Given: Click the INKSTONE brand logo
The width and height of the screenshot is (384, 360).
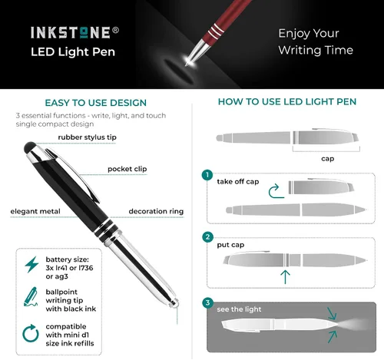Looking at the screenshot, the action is pos(71,33).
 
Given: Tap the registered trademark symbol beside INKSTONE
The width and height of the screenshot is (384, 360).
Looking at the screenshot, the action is pos(115,30).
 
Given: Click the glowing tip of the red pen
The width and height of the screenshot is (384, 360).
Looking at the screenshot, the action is pos(189,61).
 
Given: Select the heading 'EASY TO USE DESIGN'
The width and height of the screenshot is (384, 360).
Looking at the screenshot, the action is pos(96,103).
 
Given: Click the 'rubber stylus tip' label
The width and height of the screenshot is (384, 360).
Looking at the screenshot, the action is pos(87,137).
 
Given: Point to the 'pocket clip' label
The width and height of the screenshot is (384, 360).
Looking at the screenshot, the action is pos(127,169).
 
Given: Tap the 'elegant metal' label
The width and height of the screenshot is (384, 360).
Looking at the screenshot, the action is pos(35,211).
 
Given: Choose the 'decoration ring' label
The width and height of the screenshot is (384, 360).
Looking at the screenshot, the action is pos(156,211).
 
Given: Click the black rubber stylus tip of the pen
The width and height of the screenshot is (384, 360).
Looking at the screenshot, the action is pos(30,147).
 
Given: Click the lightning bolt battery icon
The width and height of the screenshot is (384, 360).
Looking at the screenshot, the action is pos(31,265).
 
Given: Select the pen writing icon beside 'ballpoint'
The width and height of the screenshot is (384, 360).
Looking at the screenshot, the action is pos(31,297).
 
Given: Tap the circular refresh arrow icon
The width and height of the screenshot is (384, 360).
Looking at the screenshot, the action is pos(31,333).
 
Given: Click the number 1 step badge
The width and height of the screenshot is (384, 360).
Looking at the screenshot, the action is pos(207,175).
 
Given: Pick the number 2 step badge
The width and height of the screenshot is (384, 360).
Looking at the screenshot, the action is pos(207,236).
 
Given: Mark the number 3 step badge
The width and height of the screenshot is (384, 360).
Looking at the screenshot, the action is pos(207,302).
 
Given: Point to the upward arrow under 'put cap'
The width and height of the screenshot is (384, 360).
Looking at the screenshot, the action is pos(285,277).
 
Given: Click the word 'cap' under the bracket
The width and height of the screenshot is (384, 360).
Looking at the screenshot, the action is pos(328,159).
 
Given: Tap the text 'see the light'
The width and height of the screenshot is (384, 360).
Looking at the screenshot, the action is pos(239,309).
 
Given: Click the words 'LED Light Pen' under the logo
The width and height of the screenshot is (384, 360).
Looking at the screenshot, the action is pos(73,52).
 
